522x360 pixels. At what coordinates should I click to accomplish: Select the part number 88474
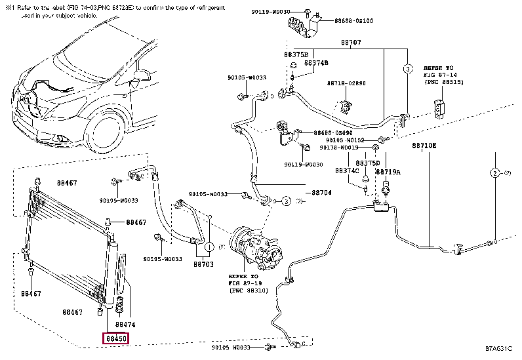tap(125, 325)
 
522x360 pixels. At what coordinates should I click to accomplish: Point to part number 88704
tap(321, 193)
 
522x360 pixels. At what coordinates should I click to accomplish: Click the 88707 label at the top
tap(350, 43)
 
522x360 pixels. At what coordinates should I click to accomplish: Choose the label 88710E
tap(424, 145)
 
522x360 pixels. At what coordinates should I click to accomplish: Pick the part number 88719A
tap(388, 172)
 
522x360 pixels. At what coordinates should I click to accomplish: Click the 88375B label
tap(296, 54)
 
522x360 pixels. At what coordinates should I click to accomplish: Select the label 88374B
tap(315, 63)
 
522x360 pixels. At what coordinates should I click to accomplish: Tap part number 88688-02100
tap(355, 21)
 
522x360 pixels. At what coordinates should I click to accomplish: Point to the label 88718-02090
tap(346, 83)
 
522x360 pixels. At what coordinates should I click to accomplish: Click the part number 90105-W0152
tap(345, 140)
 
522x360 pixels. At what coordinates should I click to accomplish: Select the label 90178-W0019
tap(345, 149)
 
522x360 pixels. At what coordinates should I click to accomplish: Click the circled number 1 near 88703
tap(208, 248)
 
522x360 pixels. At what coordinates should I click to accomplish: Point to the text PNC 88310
tap(247, 289)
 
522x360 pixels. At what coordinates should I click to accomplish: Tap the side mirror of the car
tap(137, 81)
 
